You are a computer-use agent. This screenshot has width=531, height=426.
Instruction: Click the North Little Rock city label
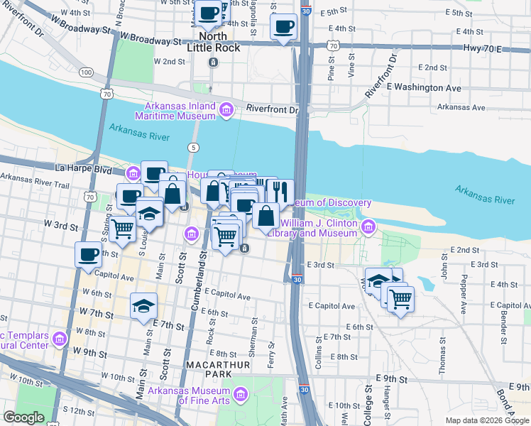pos(212,42)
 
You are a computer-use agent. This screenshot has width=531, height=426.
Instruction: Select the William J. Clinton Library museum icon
pos(368,227)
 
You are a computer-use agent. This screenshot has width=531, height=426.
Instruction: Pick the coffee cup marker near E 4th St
pos(283,28)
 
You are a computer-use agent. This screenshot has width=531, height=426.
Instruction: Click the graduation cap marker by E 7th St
pos(143,305)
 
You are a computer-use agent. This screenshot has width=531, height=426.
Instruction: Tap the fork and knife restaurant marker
pos(280,191)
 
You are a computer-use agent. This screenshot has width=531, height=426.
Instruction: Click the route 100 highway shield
pos(87,72)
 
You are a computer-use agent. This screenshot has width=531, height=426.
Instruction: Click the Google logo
pos(23,417)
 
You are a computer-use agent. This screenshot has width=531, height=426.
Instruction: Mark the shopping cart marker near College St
pos(400,297)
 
